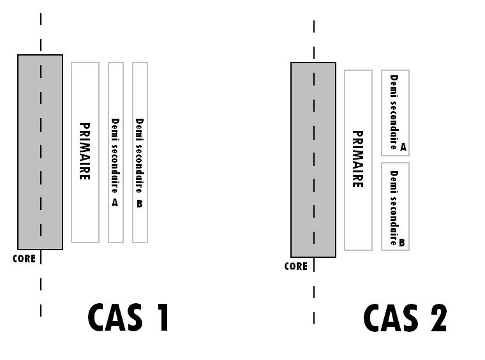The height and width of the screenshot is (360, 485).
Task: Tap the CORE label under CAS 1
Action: (x=24, y=259)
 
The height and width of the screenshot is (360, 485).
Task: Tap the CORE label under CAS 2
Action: (x=295, y=267)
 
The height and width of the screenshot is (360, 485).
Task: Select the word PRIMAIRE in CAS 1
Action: (x=84, y=151)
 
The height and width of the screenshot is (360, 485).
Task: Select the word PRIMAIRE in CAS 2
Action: (x=357, y=160)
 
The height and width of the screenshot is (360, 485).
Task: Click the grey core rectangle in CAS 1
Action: (x=29, y=152)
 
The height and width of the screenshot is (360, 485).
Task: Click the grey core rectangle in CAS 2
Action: (x=302, y=160)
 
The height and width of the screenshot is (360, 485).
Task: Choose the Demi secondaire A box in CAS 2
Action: (x=395, y=112)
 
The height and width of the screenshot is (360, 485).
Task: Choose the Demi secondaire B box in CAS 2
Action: (x=395, y=206)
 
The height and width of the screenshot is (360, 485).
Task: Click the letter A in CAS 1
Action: (x=115, y=202)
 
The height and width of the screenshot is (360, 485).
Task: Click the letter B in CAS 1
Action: (x=140, y=204)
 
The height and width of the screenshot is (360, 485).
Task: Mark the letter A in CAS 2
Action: (x=403, y=147)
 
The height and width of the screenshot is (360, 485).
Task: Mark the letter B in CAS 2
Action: (x=402, y=243)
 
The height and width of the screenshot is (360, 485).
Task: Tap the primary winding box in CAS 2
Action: (x=358, y=217)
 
